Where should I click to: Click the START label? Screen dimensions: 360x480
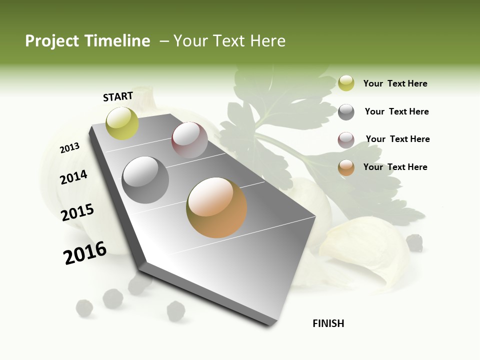pyautogui.click(x=118, y=96)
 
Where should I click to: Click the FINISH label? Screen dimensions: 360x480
pyautogui.click(x=328, y=323)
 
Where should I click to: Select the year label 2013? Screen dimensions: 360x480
pyautogui.click(x=70, y=147)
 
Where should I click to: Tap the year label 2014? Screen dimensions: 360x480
pyautogui.click(x=73, y=177)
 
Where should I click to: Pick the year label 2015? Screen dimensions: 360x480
pyautogui.click(x=77, y=212)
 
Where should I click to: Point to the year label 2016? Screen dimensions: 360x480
pyautogui.click(x=85, y=252)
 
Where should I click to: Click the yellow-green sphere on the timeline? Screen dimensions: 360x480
pyautogui.click(x=122, y=123)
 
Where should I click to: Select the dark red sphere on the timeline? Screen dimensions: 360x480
pyautogui.click(x=189, y=139)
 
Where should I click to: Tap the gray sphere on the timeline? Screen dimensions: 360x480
pyautogui.click(x=145, y=179)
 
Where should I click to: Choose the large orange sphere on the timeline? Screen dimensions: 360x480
pyautogui.click(x=216, y=207)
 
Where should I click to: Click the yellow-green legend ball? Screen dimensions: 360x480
pyautogui.click(x=346, y=83)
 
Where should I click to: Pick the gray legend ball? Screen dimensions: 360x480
pyautogui.click(x=346, y=112)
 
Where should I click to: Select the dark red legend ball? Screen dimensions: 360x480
pyautogui.click(x=346, y=140)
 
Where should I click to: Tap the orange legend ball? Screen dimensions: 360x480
pyautogui.click(x=346, y=167)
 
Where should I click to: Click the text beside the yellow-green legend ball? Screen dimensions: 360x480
pyautogui.click(x=395, y=83)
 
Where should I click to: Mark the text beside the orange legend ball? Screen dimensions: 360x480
pyautogui.click(x=395, y=167)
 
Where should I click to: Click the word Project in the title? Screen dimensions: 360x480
pyautogui.click(x=52, y=41)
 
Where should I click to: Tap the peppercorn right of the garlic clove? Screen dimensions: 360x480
pyautogui.click(x=414, y=242)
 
